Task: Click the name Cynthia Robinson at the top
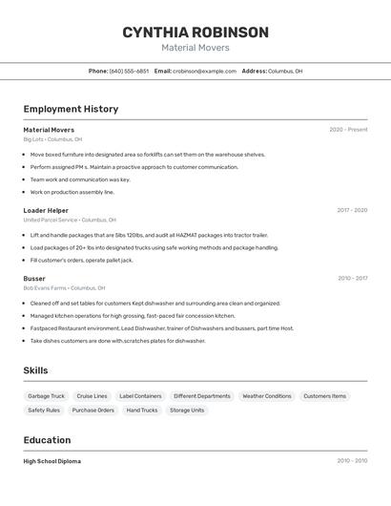(x=195, y=32)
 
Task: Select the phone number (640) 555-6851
(x=129, y=71)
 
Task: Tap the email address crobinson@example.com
(x=204, y=71)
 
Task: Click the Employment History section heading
(x=71, y=109)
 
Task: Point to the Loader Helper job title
(x=46, y=210)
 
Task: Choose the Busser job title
(x=34, y=279)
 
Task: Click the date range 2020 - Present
(x=348, y=130)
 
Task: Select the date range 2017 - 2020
(x=352, y=210)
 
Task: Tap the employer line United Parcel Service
(x=69, y=220)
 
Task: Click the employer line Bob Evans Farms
(x=64, y=287)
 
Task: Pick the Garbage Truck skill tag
(x=46, y=396)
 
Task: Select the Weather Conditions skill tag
(x=266, y=396)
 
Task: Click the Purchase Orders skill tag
(x=93, y=411)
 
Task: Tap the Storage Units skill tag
(x=187, y=411)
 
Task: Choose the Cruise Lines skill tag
(x=92, y=396)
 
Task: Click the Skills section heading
(x=35, y=370)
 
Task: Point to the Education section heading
(x=47, y=440)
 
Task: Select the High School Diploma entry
(x=51, y=461)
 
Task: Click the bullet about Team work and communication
(x=80, y=179)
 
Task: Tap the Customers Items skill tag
(x=324, y=396)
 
